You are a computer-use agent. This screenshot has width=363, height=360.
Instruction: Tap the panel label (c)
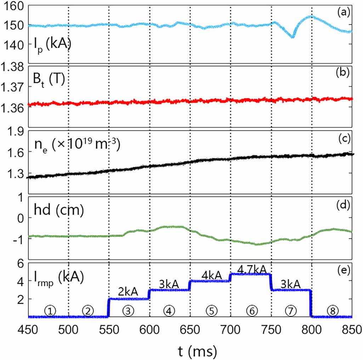[344, 139]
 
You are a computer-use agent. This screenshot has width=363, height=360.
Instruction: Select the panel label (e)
[344, 270]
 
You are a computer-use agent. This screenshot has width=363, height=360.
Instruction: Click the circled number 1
[50, 310]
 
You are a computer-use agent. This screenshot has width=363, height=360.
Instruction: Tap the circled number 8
[332, 310]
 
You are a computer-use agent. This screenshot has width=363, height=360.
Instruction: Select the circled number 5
[211, 310]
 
